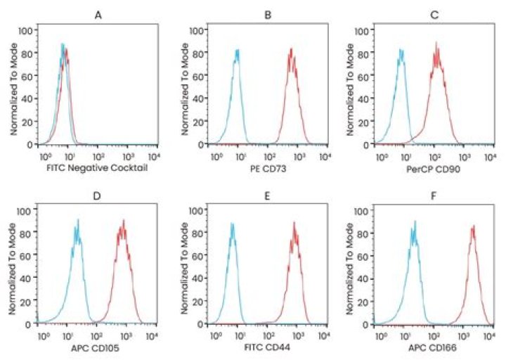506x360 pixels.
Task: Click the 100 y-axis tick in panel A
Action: tap(25, 30)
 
